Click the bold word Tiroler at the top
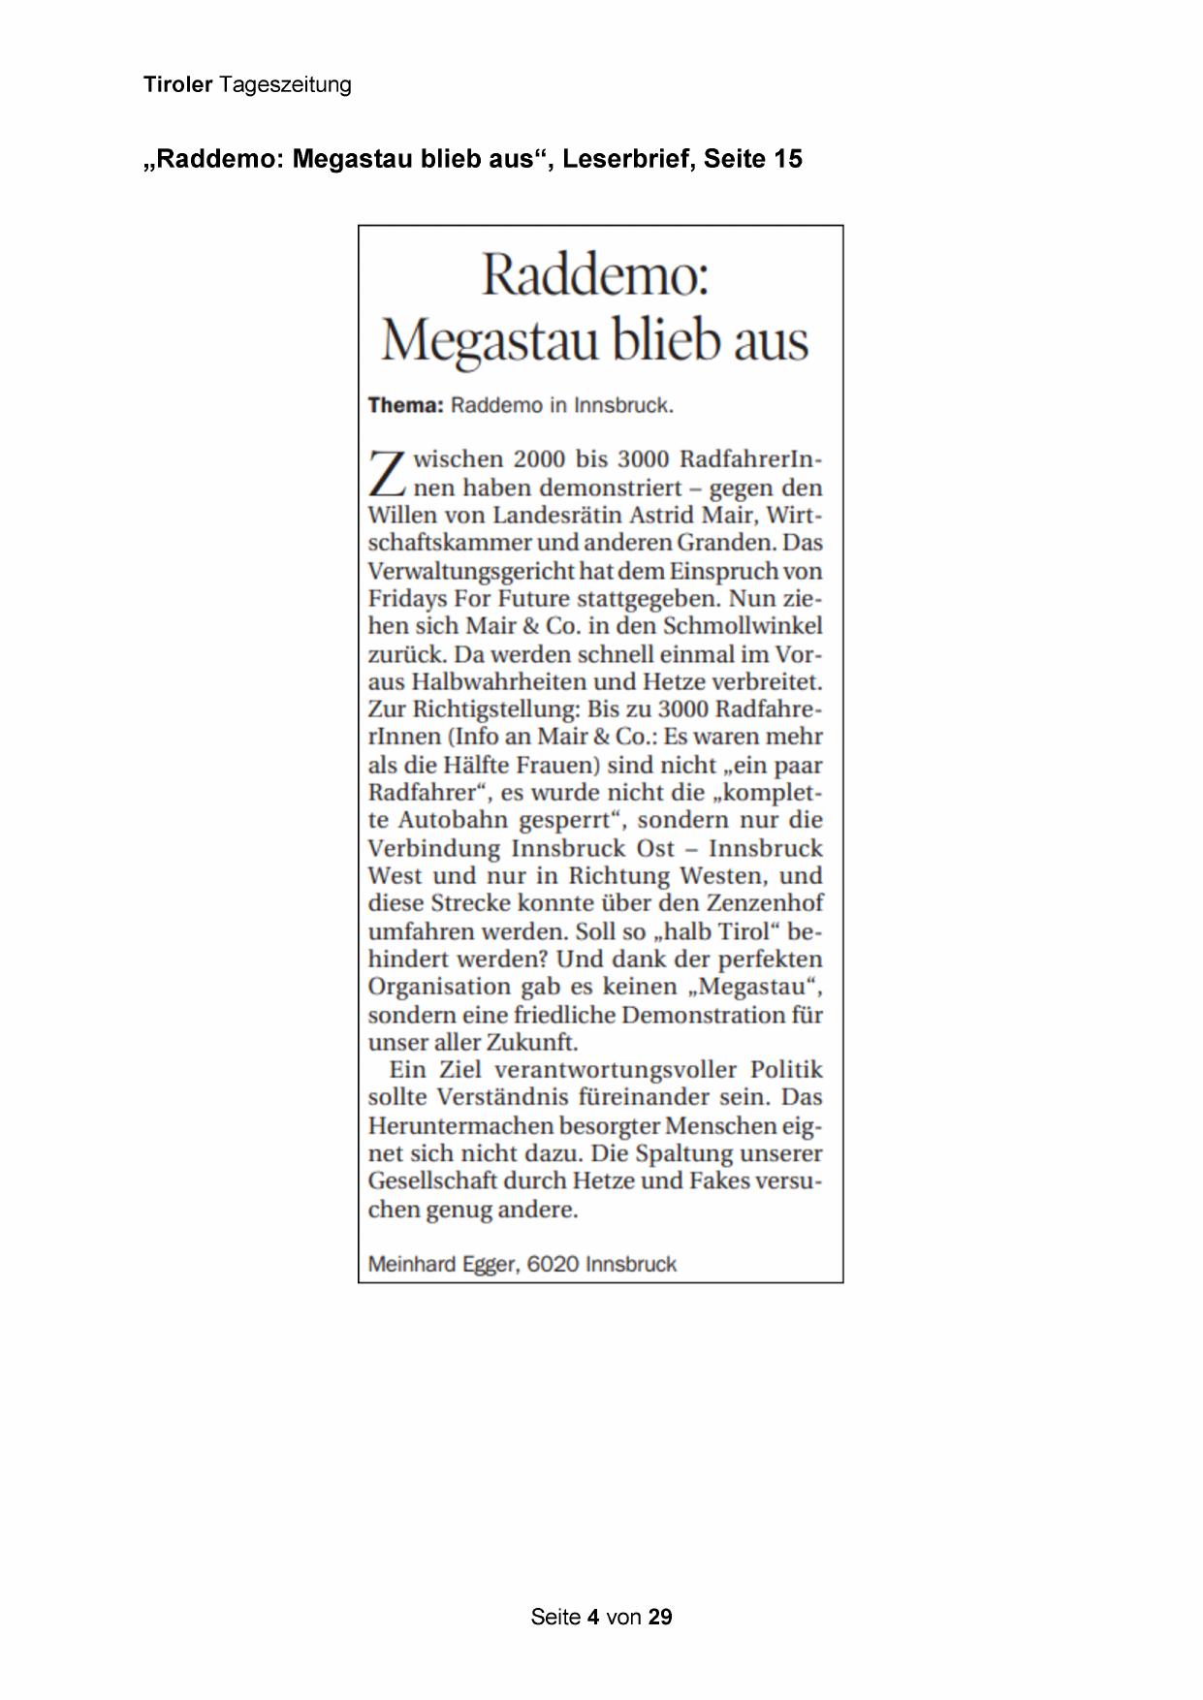(177, 85)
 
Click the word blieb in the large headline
(668, 340)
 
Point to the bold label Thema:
(405, 405)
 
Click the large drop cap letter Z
(387, 473)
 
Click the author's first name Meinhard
(411, 1265)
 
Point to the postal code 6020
(553, 1265)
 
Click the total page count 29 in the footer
(660, 1617)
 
